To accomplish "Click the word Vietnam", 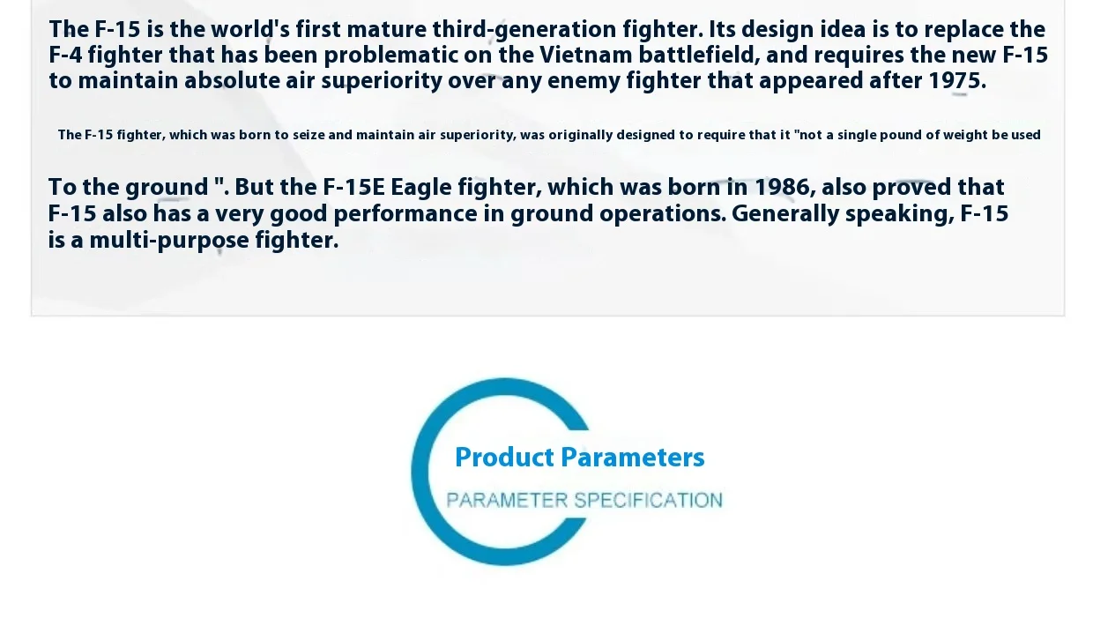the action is (585, 56).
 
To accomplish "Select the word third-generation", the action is (524, 30).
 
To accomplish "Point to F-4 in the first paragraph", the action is (65, 56).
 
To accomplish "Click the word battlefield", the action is (699, 56).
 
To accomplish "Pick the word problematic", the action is (390, 56).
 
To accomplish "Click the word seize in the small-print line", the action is (309, 135).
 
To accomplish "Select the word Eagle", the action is (421, 188).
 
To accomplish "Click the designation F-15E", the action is (353, 188).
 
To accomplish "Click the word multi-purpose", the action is (169, 241).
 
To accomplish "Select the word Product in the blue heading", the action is (504, 458).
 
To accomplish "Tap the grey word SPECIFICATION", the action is (648, 500).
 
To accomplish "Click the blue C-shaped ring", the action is (420, 472).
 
